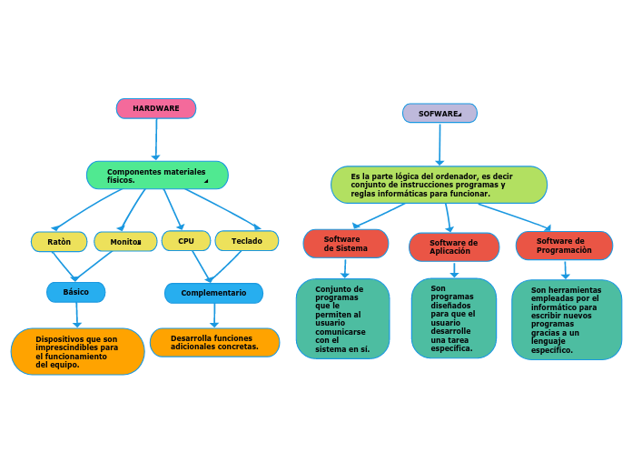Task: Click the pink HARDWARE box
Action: [x=156, y=108]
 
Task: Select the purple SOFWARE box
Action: [x=439, y=114]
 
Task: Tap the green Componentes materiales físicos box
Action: [x=157, y=176]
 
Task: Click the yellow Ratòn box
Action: [x=59, y=241]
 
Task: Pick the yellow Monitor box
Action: [x=125, y=241]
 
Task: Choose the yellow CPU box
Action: [x=186, y=241]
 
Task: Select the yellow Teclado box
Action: [x=247, y=241]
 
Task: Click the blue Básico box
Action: [x=76, y=292]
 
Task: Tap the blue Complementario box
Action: [x=213, y=293]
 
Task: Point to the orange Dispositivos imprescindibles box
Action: [x=77, y=351]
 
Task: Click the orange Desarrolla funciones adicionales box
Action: [x=214, y=342]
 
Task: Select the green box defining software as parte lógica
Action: [x=439, y=185]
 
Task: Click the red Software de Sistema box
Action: [x=346, y=244]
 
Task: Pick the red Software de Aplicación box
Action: [x=454, y=247]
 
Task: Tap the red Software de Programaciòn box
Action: [x=564, y=246]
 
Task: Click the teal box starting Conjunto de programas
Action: [x=342, y=318]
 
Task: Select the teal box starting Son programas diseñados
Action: [x=453, y=318]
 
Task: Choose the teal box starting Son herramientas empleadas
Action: [x=567, y=319]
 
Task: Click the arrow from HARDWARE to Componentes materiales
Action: [x=156, y=140]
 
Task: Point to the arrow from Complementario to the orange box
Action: [x=214, y=316]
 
